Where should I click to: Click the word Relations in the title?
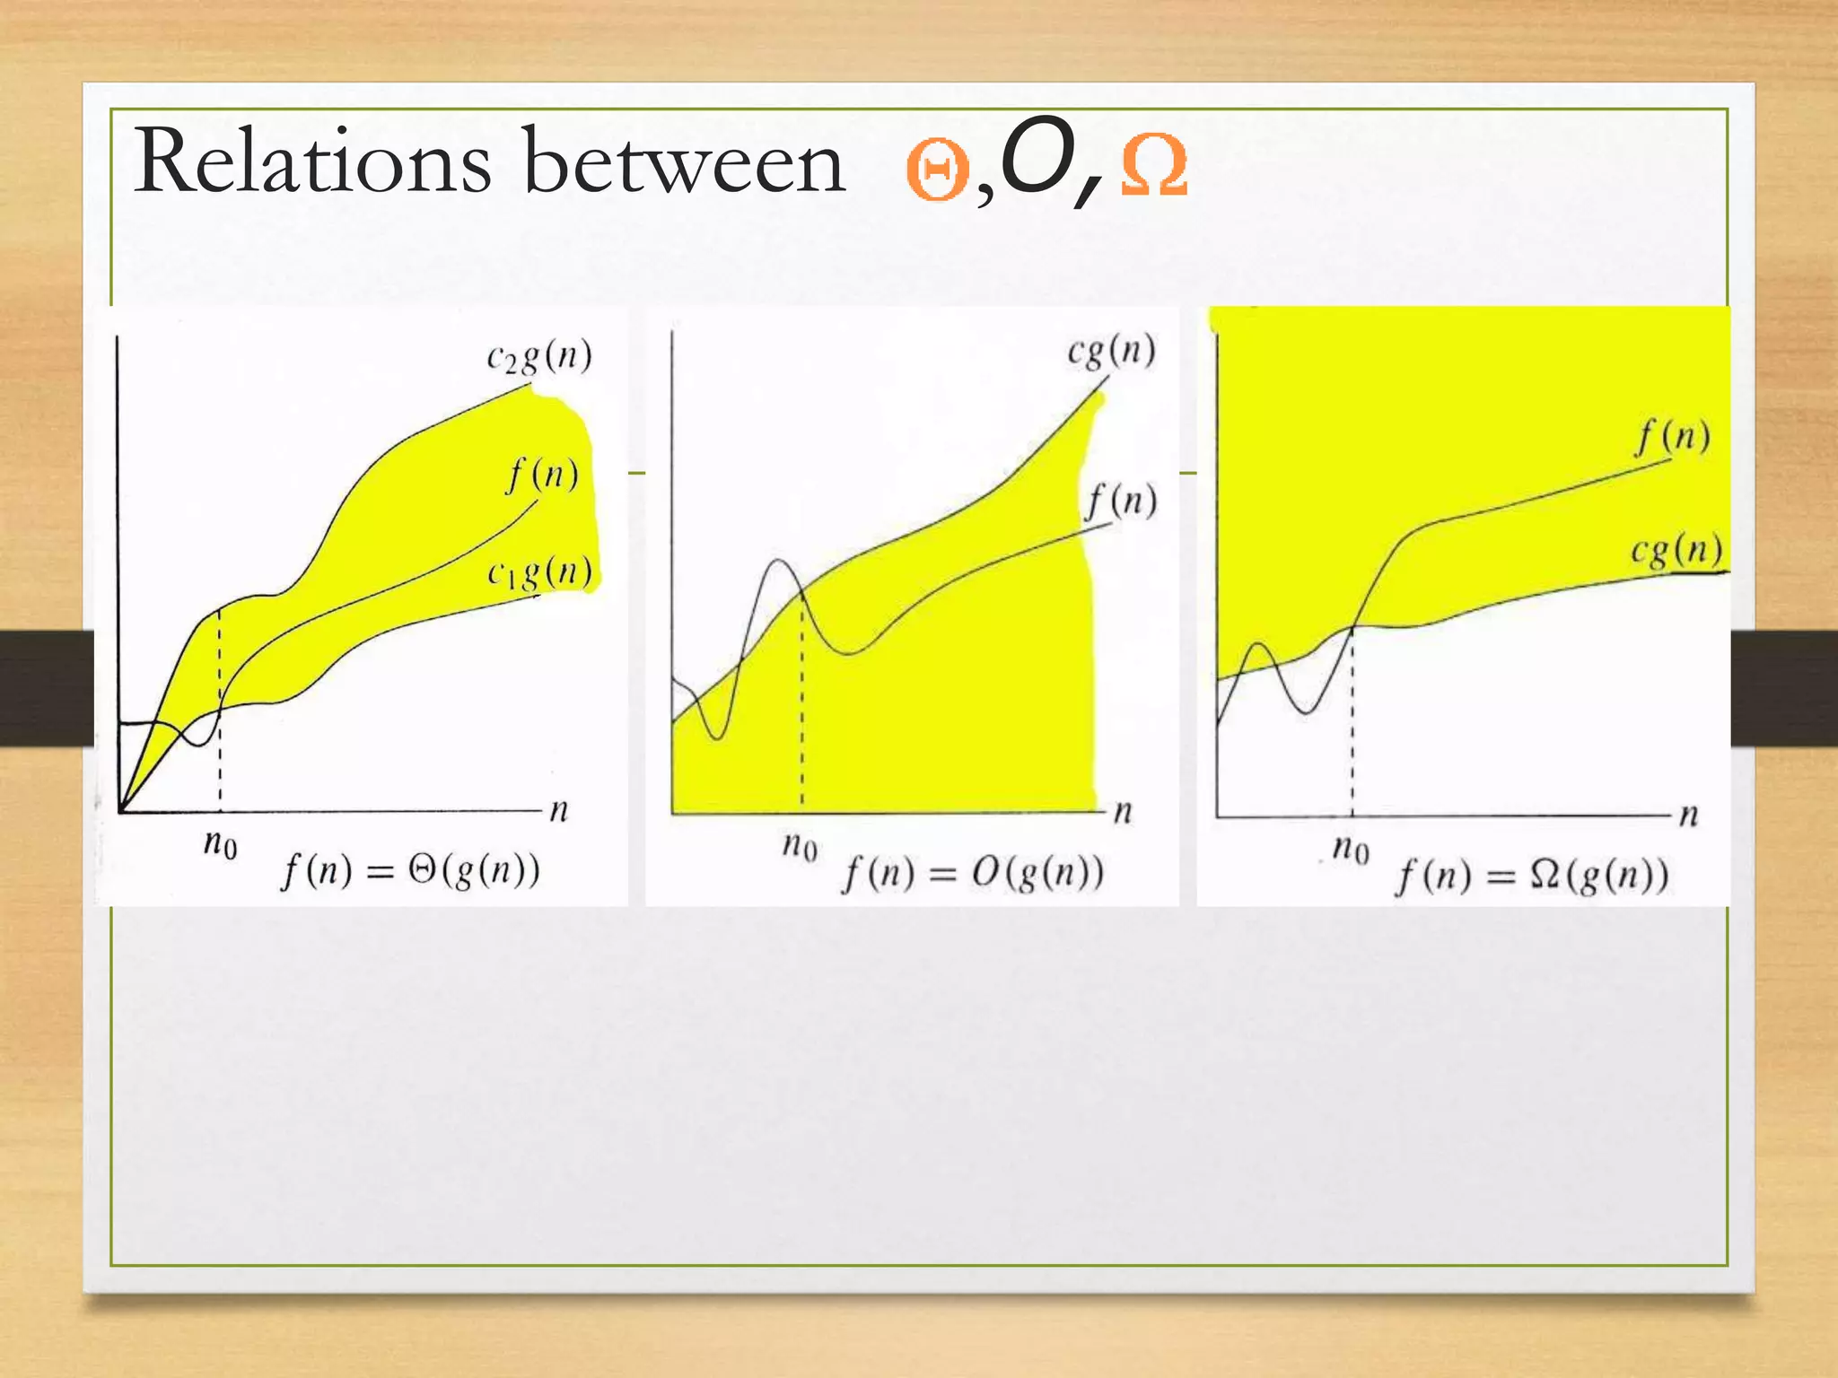coord(312,161)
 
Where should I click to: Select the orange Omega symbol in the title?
coord(1154,165)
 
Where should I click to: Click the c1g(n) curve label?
coord(539,572)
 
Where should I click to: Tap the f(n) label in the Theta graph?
coord(542,474)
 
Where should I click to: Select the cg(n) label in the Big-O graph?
coord(1111,351)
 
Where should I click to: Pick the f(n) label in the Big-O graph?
coord(1122,501)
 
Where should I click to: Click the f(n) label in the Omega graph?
coord(1672,438)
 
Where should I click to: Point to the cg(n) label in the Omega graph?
coord(1676,550)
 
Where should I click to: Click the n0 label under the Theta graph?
coord(220,844)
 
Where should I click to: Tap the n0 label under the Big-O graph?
coord(799,845)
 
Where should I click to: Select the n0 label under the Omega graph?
coord(1351,847)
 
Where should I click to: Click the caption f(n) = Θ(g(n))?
coord(411,870)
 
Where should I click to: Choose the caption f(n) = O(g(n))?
coord(973,873)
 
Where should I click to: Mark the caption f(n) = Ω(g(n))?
coord(1531,875)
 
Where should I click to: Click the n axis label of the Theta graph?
coord(559,811)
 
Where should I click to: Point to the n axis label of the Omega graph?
coord(1688,815)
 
